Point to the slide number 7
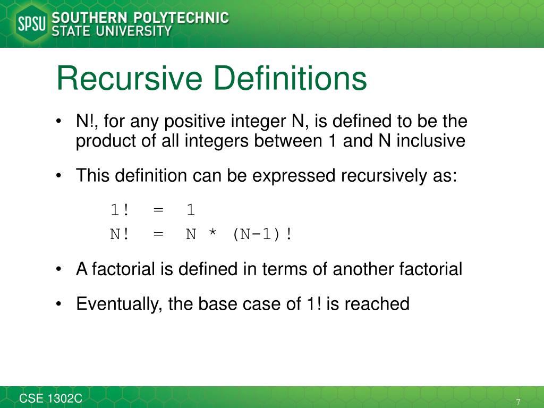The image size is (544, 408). [x=518, y=401]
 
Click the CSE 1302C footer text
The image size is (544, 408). [x=51, y=398]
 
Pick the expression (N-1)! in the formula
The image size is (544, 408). [x=262, y=234]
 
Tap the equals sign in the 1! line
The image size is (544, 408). [x=158, y=210]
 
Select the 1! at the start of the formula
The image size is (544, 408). [x=120, y=210]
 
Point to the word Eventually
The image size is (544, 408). [x=120, y=304]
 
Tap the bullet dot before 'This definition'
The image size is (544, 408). [x=59, y=175]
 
